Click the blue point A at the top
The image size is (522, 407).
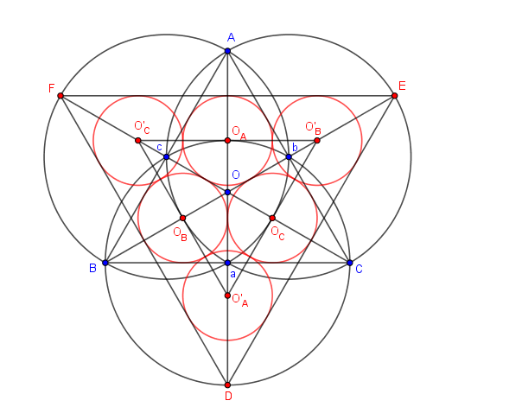pos(227,51)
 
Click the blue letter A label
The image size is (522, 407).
pos(231,37)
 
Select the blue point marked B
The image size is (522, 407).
pos(105,263)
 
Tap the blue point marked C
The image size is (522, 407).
pos(350,263)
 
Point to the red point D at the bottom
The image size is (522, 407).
pos(227,385)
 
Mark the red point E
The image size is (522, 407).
pos(395,95)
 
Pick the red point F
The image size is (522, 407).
pos(60,95)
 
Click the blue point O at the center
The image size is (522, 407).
pos(227,192)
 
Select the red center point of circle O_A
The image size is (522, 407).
pos(227,140)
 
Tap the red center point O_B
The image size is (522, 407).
pos(182,218)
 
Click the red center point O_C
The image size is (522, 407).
pos(272,218)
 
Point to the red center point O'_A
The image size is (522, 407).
pos(227,296)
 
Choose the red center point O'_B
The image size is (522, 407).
pos(317,140)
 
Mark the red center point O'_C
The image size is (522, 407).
pos(137,140)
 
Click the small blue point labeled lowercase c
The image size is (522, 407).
pos(167,156)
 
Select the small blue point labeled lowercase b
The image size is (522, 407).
pos(289,156)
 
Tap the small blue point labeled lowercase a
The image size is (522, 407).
pos(227,263)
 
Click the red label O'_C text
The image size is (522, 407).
pos(142,127)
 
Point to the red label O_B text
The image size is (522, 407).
pos(180,232)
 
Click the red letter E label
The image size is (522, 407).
pos(402,86)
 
